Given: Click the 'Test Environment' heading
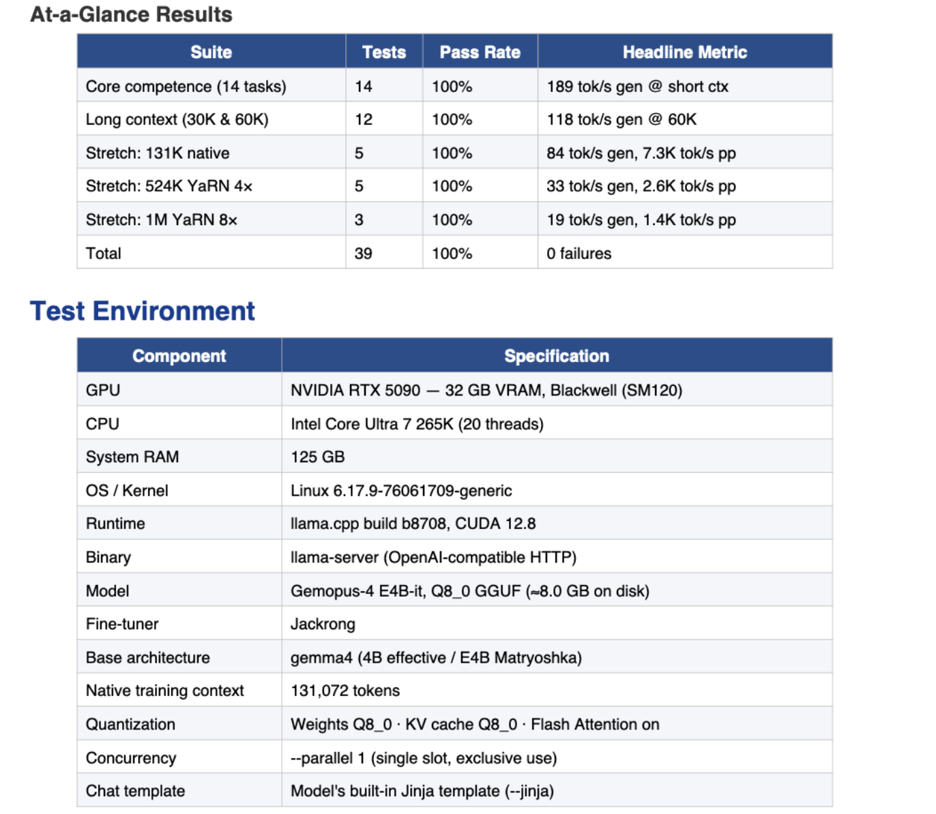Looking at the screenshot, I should click(x=142, y=311).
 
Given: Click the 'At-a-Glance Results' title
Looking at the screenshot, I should click(x=131, y=14).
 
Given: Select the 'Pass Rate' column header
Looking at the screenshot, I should click(x=480, y=52).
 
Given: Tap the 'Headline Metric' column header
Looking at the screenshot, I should click(x=684, y=52).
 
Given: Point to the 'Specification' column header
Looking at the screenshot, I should click(x=556, y=356).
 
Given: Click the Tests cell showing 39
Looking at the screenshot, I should click(x=364, y=254).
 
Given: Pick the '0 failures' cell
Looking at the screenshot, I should click(x=579, y=254).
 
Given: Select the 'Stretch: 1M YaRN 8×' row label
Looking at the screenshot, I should click(x=162, y=220).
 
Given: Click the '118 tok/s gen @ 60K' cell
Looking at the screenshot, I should click(x=621, y=119).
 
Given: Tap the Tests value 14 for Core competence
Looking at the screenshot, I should click(x=364, y=87).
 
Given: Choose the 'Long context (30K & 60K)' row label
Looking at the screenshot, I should click(x=177, y=119).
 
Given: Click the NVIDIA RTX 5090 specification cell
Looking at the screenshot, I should click(x=486, y=390).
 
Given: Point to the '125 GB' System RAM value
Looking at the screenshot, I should click(x=317, y=457).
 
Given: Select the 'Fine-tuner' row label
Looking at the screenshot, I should click(x=122, y=624).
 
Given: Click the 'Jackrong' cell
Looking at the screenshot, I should click(x=323, y=624).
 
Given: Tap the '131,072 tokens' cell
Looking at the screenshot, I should click(x=345, y=691).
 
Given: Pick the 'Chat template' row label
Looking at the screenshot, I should click(x=135, y=791).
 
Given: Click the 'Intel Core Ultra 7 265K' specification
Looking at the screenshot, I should click(x=417, y=424).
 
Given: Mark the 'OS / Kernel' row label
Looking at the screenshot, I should click(x=127, y=490).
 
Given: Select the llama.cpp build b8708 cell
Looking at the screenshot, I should click(x=413, y=524).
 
